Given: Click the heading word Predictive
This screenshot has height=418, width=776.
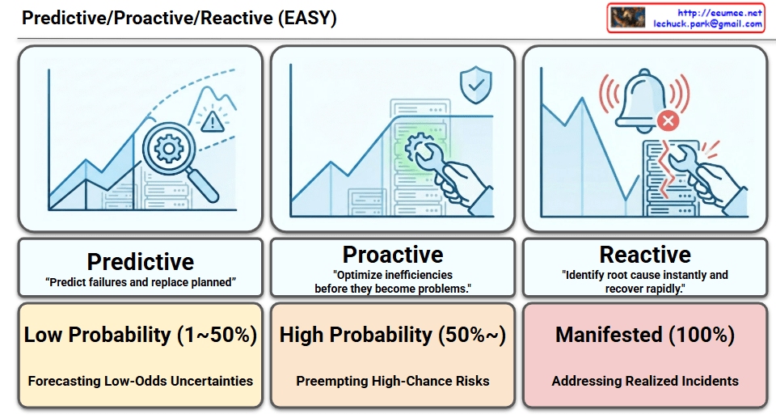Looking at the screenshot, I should tap(141, 262).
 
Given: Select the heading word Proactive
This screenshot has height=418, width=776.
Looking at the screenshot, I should tap(393, 255).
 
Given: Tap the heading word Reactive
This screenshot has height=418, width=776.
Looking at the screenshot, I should tap(645, 255).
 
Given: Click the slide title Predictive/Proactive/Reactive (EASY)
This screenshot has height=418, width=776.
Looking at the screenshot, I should tap(179, 18).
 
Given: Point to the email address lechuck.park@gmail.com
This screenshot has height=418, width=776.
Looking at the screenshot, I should tap(708, 24).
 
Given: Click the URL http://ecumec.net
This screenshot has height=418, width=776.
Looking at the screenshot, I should tap(720, 12).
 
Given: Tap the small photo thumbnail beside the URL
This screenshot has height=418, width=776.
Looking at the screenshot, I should tap(627, 18).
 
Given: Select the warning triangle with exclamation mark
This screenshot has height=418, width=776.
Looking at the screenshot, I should tap(213, 122).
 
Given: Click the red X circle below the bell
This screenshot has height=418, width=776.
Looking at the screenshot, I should tap(667, 122).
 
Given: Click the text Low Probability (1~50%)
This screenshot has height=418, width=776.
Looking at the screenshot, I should tap(141, 335).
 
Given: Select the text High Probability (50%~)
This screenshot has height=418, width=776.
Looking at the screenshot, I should tap(393, 335).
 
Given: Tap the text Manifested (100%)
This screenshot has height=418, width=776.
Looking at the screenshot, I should tap(645, 335).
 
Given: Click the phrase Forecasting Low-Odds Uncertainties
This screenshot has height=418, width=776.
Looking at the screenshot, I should tap(141, 381).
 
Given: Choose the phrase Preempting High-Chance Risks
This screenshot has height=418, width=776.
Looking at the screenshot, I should tap(393, 381).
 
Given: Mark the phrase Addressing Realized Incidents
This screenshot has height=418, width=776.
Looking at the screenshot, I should tap(645, 381).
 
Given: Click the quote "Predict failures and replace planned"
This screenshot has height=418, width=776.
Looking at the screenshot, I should tap(141, 282).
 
